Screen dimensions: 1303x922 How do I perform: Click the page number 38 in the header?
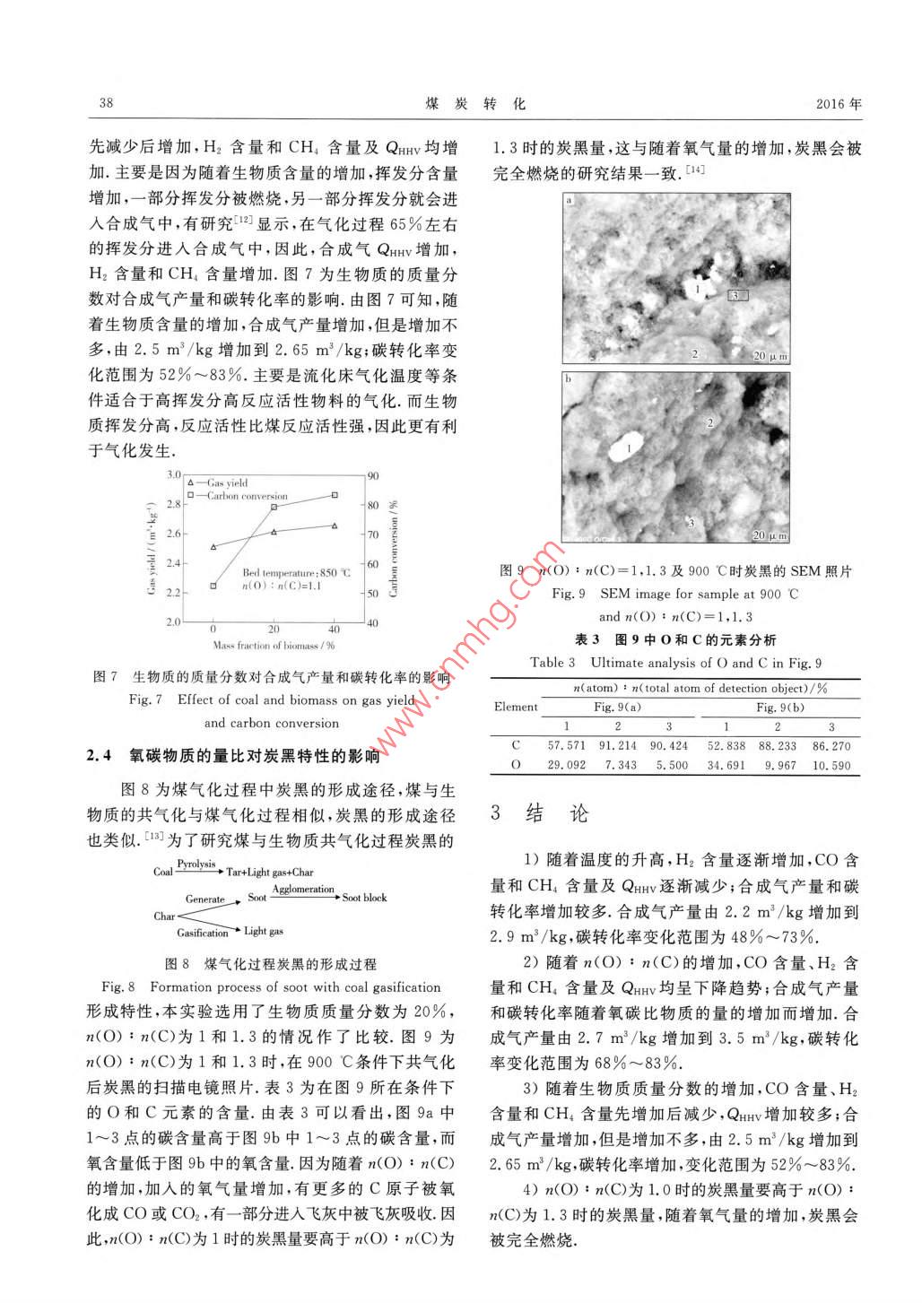(106, 103)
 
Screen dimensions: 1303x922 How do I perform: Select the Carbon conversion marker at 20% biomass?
(274, 507)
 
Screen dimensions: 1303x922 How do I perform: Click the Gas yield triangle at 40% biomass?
(335, 526)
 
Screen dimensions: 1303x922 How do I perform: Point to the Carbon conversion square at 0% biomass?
(213, 586)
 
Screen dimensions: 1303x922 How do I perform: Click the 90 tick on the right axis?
(373, 476)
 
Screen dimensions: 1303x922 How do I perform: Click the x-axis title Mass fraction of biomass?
(274, 645)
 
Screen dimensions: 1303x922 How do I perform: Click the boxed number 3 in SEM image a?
(735, 294)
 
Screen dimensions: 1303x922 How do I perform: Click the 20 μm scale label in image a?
(770, 356)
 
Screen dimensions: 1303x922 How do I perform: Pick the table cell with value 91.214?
(617, 745)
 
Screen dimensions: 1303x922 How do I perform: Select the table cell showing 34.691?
(726, 765)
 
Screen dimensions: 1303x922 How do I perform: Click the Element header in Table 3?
(516, 707)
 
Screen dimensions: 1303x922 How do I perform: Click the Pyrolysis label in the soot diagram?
(196, 864)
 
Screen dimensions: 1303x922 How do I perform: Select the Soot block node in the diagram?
(364, 898)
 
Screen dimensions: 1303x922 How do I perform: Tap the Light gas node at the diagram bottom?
(263, 932)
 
